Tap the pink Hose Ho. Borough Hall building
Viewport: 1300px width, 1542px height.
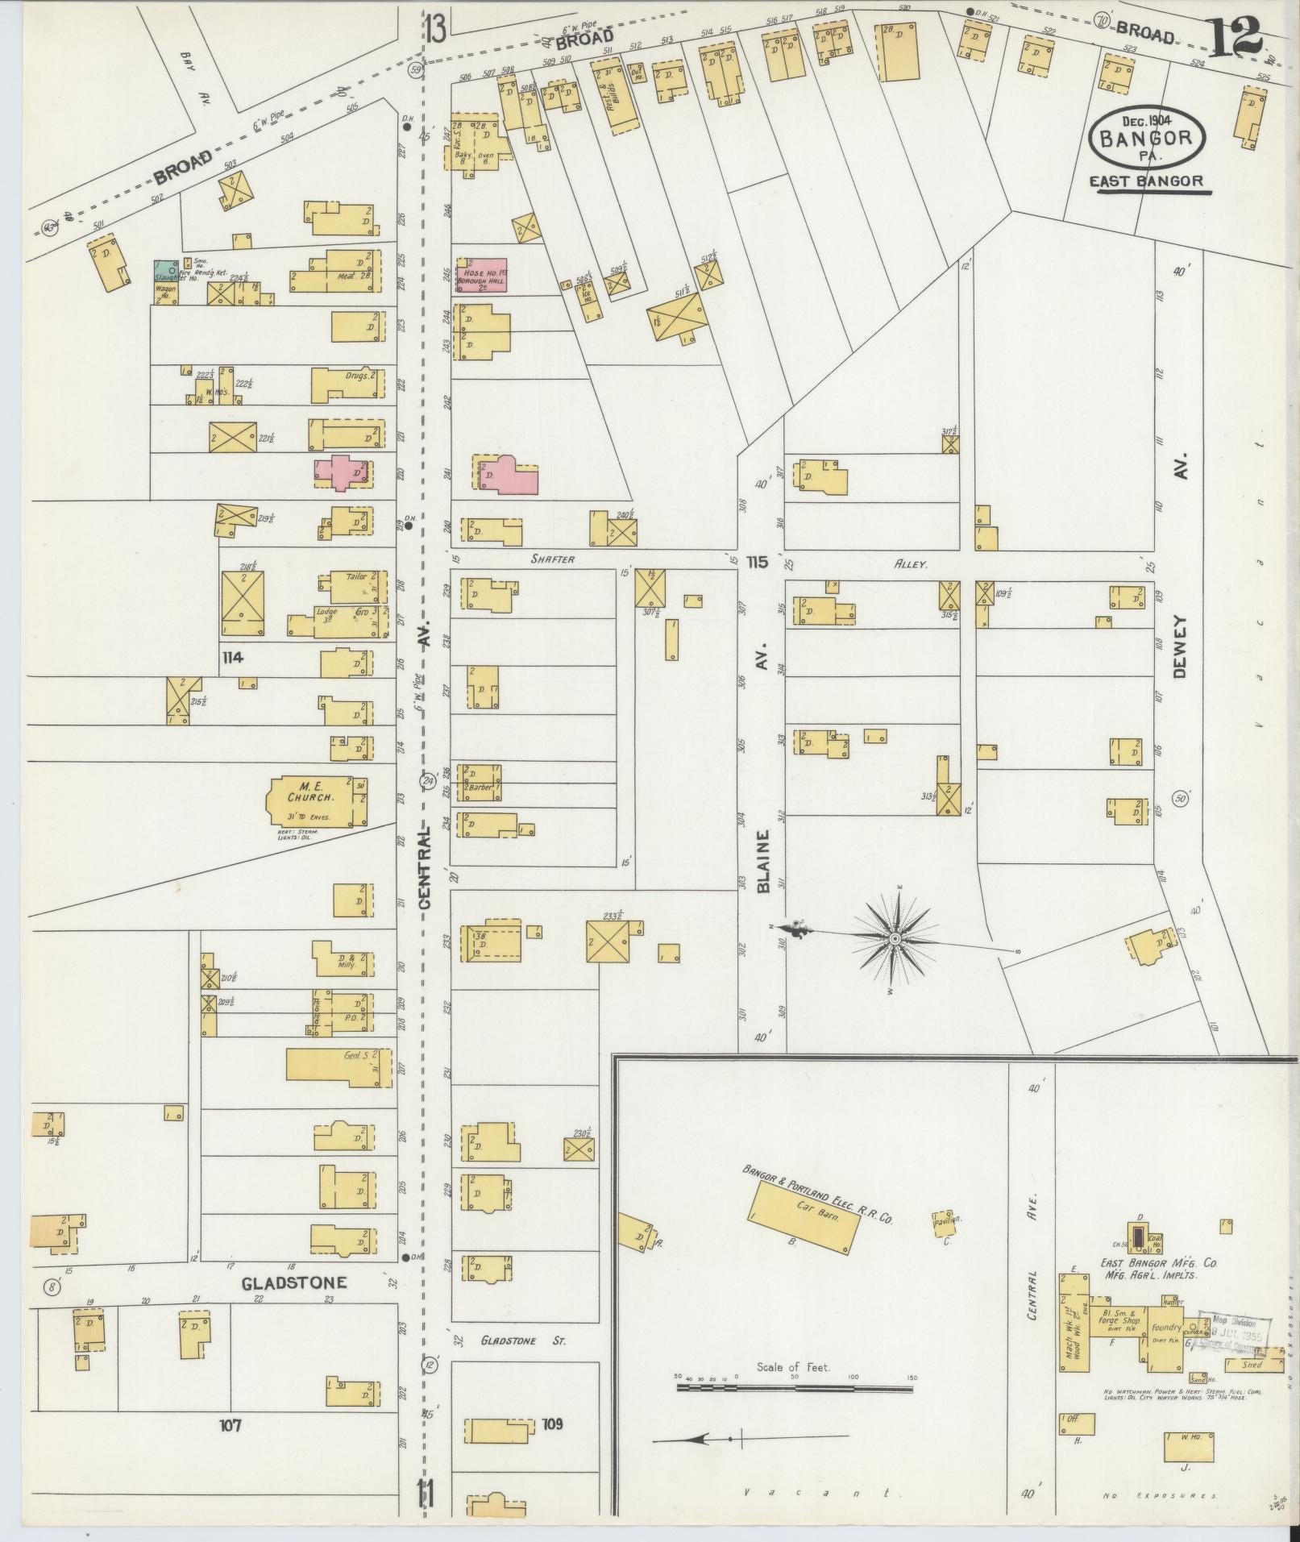click(482, 275)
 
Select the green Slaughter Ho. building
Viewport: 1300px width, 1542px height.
click(165, 272)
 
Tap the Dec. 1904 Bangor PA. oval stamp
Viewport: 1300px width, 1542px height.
click(1147, 138)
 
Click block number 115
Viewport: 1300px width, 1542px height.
click(758, 561)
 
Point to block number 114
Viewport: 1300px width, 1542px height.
click(233, 658)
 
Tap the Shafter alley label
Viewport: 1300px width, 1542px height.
click(553, 559)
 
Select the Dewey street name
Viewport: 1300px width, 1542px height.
click(1181, 647)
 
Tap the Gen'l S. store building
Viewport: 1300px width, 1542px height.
click(338, 1065)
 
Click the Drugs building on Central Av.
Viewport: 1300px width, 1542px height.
click(347, 383)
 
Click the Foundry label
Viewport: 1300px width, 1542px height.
click(1166, 1326)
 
